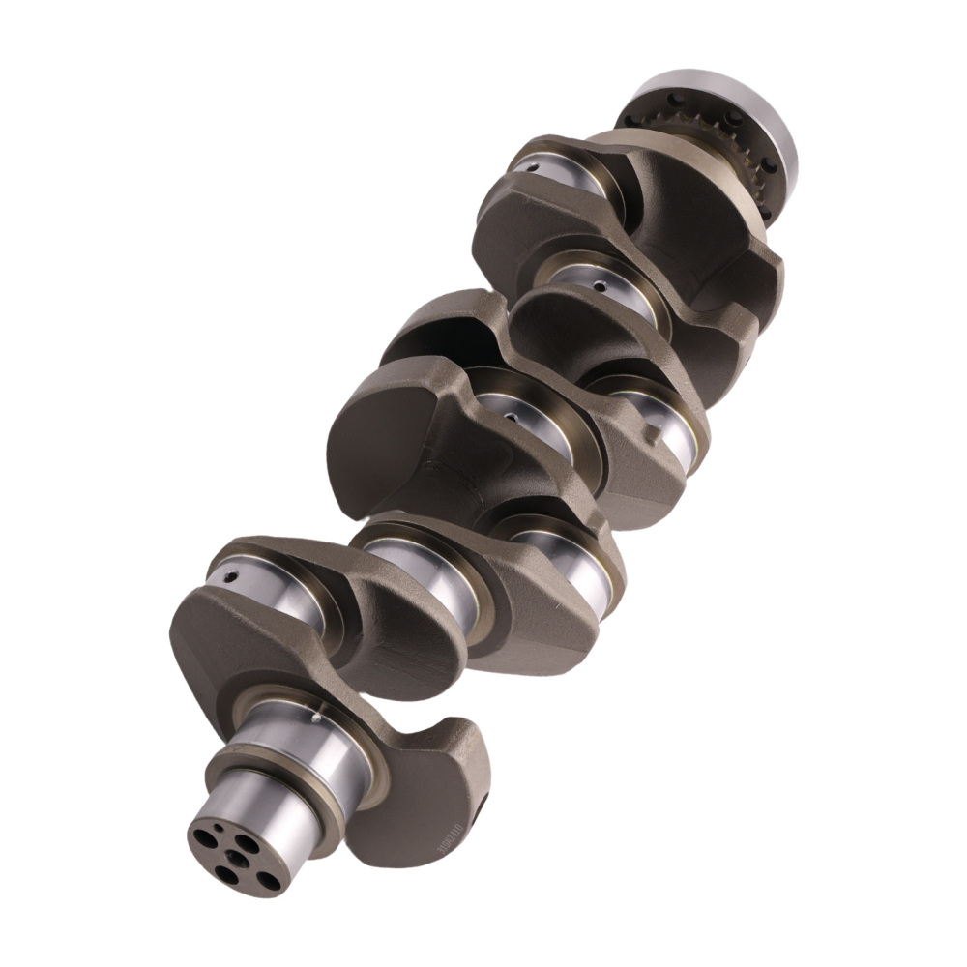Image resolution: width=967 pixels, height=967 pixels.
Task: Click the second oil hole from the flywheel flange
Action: (601, 286)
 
